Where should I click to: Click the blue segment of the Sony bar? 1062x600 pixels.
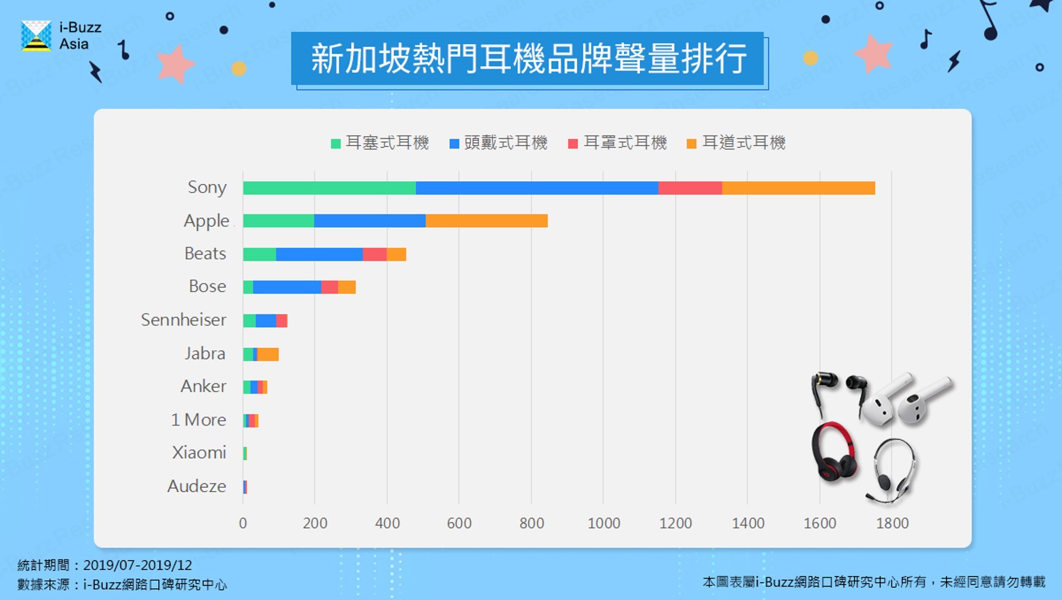[x=537, y=188]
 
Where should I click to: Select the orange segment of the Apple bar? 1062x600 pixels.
[x=486, y=221]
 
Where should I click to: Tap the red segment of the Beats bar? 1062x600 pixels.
[x=374, y=254]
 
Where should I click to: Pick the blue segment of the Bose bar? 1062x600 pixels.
[x=287, y=287]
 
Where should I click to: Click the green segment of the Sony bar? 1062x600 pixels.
[x=329, y=188]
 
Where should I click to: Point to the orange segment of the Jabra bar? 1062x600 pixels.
[x=268, y=354]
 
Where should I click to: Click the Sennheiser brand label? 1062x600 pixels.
[x=183, y=320]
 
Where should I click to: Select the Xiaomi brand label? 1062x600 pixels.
[x=199, y=453]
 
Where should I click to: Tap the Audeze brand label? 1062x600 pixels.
[x=196, y=486]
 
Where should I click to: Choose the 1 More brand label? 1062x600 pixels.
[x=198, y=420]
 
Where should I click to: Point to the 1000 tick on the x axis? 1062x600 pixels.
[x=604, y=523]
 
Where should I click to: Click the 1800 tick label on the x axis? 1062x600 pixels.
[x=892, y=523]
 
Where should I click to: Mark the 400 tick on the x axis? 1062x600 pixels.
[x=387, y=523]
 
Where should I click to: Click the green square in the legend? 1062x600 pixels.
[x=335, y=143]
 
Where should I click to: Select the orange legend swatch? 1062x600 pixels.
[x=691, y=143]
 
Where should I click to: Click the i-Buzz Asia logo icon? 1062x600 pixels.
[x=36, y=36]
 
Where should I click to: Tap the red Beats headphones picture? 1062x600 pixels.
[x=833, y=452]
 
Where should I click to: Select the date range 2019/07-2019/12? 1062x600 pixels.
[x=138, y=565]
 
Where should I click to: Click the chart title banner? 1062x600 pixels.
[x=528, y=59]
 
